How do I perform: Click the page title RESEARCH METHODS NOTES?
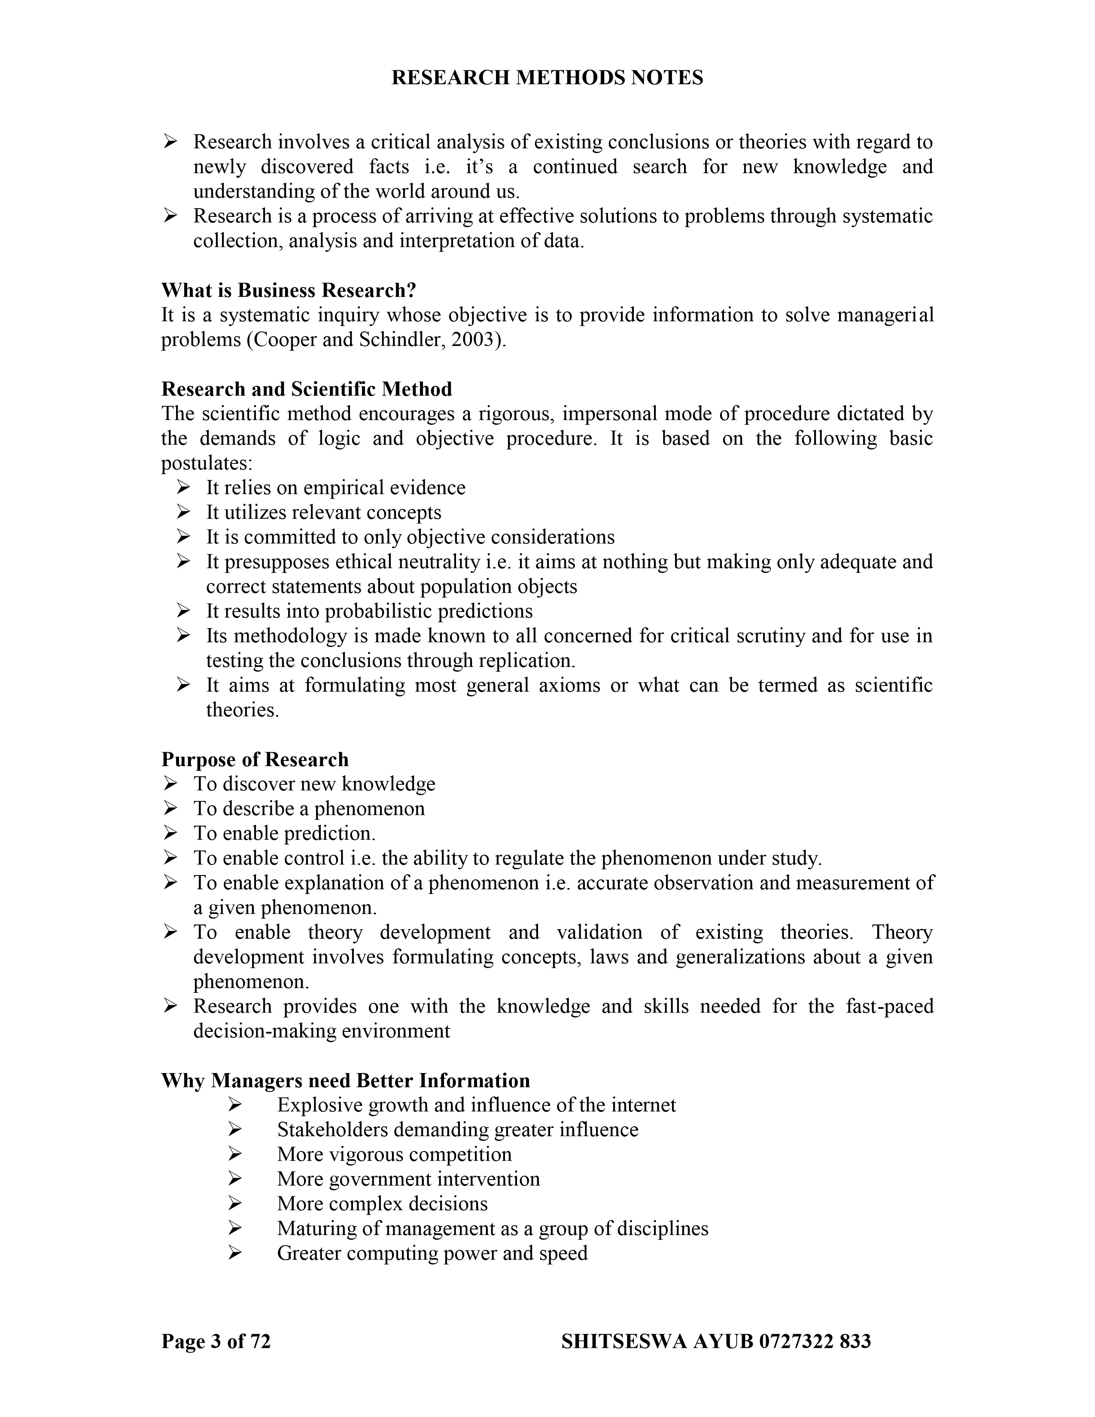click(547, 78)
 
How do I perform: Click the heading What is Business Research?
click(289, 290)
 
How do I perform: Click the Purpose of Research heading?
click(255, 759)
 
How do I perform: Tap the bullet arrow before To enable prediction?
click(170, 833)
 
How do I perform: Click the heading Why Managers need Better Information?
click(345, 1080)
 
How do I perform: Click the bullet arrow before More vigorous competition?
click(235, 1154)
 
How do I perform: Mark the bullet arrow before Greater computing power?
click(235, 1253)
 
